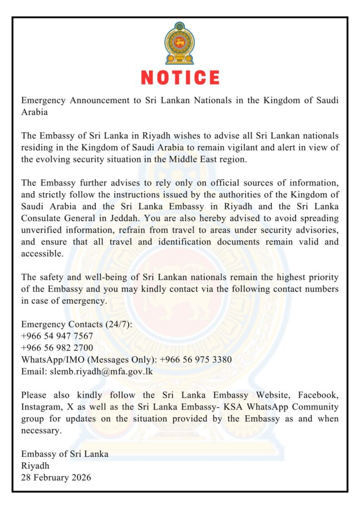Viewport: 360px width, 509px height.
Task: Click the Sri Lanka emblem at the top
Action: [x=180, y=43]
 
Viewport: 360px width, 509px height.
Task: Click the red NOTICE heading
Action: [x=180, y=78]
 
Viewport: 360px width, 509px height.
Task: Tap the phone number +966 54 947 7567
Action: [x=57, y=336]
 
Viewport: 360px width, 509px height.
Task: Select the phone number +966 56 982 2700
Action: [x=57, y=347]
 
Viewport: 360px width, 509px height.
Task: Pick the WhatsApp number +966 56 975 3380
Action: [x=195, y=359]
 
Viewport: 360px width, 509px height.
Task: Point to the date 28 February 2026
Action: [x=56, y=478]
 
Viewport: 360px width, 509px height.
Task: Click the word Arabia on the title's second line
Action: [x=34, y=112]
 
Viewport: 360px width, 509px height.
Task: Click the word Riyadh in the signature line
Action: [x=35, y=466]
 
